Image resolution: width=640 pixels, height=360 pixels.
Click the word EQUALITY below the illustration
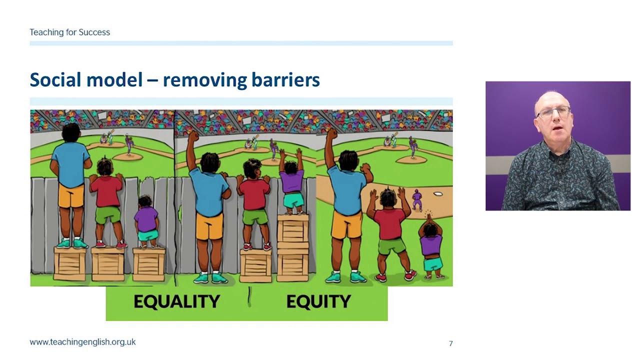point(176,301)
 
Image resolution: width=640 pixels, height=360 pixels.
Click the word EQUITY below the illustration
point(318,301)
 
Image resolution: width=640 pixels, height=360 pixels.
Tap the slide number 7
point(450,343)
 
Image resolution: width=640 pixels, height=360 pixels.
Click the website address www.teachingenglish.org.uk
point(82,342)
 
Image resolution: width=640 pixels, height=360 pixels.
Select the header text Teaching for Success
point(69,32)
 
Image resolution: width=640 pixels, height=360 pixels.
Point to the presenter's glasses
point(553,112)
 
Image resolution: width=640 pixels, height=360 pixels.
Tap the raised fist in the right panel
point(331,133)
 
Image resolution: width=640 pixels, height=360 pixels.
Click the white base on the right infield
point(437,193)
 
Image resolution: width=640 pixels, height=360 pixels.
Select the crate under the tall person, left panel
point(70,262)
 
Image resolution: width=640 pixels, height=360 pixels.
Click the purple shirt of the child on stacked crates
point(292,181)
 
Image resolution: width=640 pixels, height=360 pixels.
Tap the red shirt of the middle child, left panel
point(106,191)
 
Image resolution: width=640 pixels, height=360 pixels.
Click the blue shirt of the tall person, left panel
point(71,163)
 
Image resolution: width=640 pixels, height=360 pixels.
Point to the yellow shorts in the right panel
point(346,224)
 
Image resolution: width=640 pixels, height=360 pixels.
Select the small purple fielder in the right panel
point(417,199)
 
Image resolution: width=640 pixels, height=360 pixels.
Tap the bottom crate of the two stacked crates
point(293,263)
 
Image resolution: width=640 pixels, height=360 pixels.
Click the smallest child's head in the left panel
point(145,201)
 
